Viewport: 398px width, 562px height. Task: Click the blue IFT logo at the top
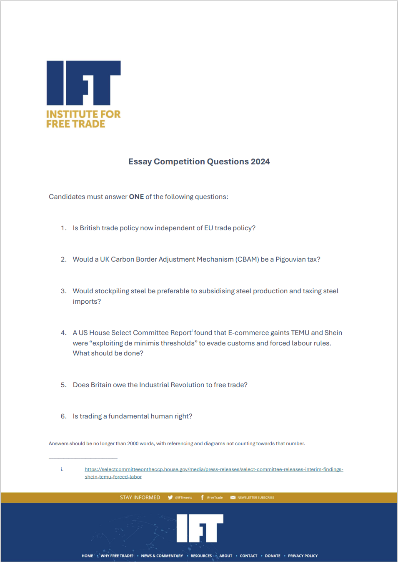coord(83,83)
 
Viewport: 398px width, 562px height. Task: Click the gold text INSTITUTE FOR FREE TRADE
coord(83,119)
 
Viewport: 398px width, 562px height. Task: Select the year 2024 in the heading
coord(260,161)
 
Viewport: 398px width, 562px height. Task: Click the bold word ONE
coord(136,197)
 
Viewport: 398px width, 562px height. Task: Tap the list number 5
coord(63,385)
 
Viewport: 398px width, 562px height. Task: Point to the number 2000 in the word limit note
coord(133,444)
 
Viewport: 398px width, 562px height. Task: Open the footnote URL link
coord(213,469)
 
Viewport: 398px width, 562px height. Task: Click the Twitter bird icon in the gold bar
coord(170,497)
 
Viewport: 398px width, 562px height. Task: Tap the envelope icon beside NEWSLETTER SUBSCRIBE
coord(233,497)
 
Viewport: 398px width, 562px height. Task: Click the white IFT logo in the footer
coord(200,528)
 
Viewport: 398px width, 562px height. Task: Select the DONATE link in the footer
coord(273,556)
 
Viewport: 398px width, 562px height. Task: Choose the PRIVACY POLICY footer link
coord(303,556)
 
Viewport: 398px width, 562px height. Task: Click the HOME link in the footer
coord(87,556)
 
